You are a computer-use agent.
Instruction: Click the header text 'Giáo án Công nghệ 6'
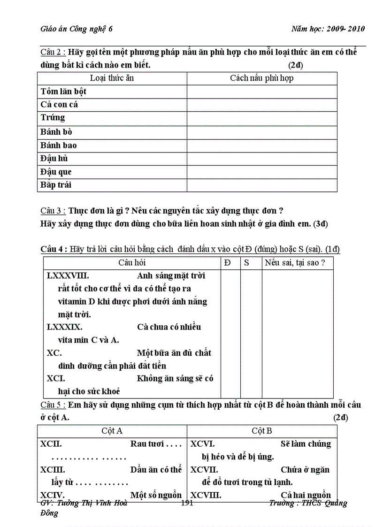[76, 29]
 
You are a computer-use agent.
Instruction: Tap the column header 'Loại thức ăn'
[112, 78]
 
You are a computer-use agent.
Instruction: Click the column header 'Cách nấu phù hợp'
[261, 78]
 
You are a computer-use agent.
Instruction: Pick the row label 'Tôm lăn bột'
[63, 91]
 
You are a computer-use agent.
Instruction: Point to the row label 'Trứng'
[53, 117]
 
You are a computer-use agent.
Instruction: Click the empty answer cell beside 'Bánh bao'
[261, 145]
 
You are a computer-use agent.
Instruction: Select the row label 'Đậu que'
[56, 172]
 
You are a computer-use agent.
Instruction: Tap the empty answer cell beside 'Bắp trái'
[261, 185]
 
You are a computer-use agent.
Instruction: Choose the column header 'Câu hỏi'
[132, 263]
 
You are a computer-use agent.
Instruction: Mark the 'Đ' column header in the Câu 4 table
[228, 263]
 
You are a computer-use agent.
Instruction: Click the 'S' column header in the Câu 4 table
[247, 263]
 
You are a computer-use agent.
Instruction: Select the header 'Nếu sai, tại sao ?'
[295, 263]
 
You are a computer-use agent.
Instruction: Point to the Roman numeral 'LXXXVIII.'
[68, 275]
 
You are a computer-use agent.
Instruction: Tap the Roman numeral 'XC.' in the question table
[54, 353]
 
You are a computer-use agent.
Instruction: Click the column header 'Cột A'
[112, 430]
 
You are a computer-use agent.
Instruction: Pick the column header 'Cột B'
[261, 430]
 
